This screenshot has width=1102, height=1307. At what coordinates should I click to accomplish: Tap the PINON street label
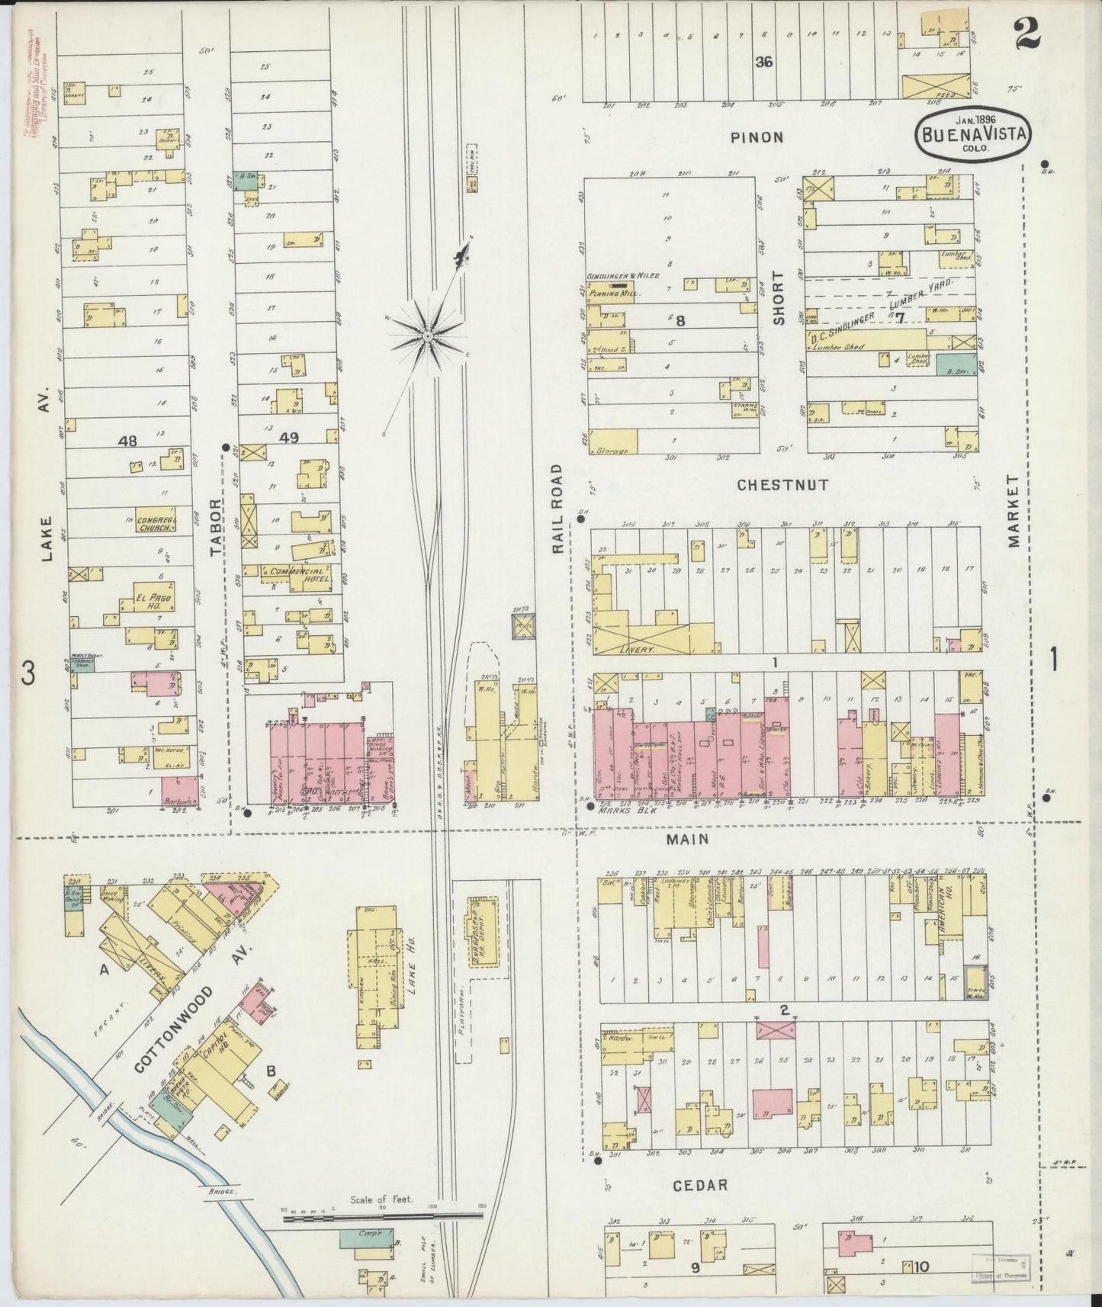[x=757, y=137]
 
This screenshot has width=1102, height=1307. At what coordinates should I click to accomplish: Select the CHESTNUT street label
[x=782, y=484]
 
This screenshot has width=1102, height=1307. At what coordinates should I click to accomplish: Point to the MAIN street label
[x=689, y=839]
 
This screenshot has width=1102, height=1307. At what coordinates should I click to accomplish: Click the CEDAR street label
[x=700, y=1185]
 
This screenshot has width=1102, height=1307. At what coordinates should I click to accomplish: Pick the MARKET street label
[x=1013, y=511]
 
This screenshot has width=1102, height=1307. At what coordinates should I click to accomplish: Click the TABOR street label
[x=215, y=525]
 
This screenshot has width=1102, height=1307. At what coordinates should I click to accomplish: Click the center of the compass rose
[x=429, y=335]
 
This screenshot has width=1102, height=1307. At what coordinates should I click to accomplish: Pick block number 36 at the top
[x=763, y=62]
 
